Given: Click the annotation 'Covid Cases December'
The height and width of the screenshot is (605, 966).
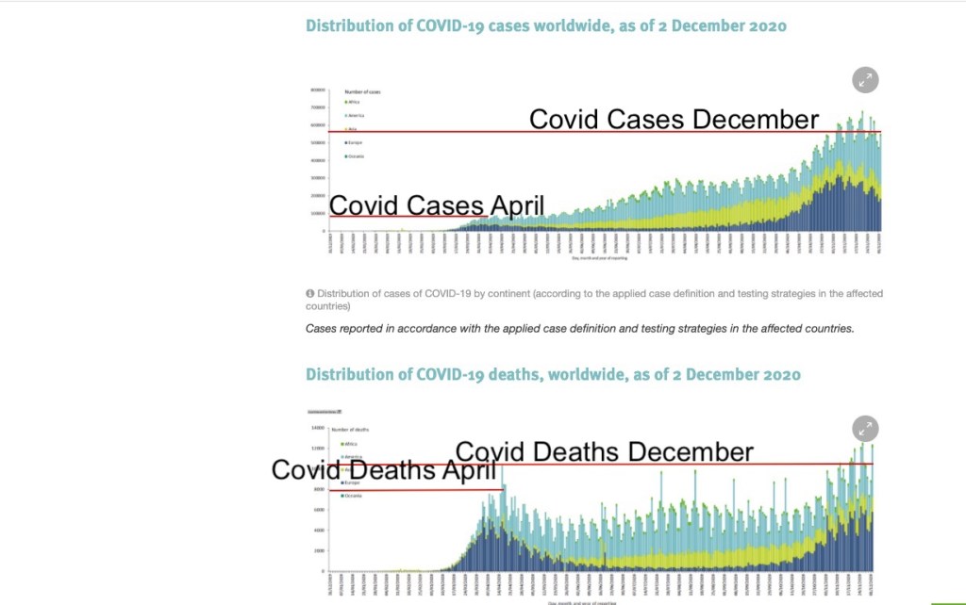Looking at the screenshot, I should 674,120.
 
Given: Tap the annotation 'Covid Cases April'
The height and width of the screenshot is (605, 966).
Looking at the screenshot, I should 437,205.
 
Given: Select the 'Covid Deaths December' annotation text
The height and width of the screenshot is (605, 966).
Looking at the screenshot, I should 605,451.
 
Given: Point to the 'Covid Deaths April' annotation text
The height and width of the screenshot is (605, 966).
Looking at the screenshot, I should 384,469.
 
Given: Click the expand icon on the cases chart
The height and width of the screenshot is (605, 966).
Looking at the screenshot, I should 865,80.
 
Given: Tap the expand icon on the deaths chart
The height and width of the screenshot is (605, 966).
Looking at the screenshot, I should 865,429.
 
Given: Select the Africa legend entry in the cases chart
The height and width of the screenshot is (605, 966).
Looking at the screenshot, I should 355,102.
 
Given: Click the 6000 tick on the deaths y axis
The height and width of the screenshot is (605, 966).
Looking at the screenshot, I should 318,510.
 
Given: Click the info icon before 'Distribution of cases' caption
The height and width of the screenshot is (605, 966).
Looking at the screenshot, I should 309,294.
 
